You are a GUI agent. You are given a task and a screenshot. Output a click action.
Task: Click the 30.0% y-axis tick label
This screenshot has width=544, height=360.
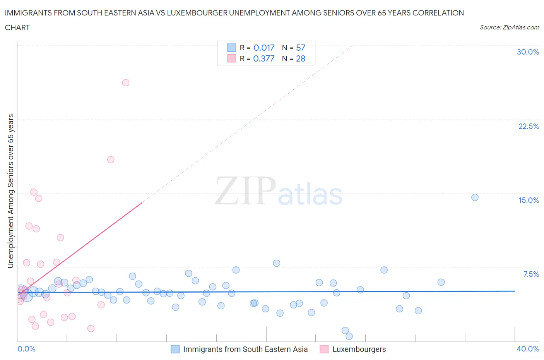coord(528,52)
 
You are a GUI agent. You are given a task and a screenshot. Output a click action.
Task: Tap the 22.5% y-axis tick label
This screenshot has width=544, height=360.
coord(529,126)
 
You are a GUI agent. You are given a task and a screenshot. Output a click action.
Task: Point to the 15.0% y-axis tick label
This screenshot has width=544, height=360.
coord(529,200)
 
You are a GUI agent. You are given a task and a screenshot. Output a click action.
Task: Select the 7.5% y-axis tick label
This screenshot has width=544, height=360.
coord(531,274)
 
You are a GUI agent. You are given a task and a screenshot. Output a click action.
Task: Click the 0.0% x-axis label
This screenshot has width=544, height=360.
coord(26,349)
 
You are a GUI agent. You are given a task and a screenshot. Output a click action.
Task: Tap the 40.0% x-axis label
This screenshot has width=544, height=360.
coord(528,349)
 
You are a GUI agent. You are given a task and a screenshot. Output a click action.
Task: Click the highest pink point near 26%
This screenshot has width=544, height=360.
coord(126,82)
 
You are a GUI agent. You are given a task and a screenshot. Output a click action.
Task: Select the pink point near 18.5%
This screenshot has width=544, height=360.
coord(111,159)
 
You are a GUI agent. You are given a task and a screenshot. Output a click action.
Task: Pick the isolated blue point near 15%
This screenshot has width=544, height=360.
coord(475,197)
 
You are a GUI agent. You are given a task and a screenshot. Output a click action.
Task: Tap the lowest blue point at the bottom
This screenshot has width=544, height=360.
coord(349,336)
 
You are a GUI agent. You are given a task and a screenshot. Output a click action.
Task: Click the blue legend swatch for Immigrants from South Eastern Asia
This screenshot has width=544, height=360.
coord(175,349)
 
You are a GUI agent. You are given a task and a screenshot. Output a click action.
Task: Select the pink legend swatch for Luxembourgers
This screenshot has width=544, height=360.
coord(324,349)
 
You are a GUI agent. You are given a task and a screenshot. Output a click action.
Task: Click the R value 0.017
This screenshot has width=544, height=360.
coord(264,48)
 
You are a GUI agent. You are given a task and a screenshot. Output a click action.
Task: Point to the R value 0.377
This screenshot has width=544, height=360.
coord(264,58)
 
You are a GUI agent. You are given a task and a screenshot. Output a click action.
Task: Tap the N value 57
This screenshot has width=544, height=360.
coord(301,48)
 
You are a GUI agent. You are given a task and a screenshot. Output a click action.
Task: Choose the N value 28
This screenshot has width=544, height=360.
coord(301,58)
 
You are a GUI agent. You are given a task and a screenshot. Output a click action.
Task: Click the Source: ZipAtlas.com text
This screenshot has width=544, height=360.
coord(509,27)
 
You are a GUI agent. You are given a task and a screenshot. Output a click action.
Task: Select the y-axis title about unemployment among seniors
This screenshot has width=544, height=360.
coord(11,191)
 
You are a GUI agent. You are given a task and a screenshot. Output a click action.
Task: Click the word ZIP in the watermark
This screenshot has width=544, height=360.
coord(245,191)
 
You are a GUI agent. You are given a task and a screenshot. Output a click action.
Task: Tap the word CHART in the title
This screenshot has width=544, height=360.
coord(17,27)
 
